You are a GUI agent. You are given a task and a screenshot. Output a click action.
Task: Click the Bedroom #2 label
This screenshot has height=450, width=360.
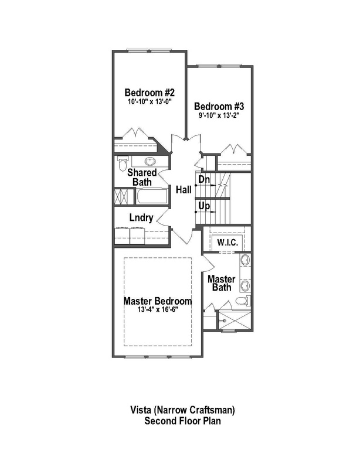tap(150, 93)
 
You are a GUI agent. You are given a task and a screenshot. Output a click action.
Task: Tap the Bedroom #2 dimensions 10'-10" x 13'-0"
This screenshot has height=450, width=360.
tap(150, 102)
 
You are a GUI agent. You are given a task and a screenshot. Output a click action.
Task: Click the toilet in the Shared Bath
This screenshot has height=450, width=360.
tap(122, 165)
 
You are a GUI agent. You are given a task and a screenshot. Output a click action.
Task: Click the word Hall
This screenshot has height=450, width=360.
tap(184, 190)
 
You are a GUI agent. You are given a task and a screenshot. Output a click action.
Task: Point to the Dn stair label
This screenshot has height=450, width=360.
tap(203, 179)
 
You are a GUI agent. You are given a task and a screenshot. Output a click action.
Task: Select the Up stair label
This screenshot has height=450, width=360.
tap(203, 206)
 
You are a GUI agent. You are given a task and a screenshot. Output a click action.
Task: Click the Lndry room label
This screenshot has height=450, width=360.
tap(141, 219)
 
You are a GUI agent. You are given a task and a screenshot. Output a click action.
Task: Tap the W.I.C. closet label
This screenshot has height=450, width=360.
tap(226, 242)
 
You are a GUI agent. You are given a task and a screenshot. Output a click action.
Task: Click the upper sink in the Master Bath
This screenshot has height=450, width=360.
tap(245, 261)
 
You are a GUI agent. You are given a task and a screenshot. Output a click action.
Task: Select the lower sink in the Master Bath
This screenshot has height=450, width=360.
tap(245, 286)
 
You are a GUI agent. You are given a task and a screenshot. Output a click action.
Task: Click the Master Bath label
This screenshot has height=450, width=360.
tap(222, 282)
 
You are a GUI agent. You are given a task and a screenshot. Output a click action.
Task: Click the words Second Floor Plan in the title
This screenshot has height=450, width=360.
tap(179, 421)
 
